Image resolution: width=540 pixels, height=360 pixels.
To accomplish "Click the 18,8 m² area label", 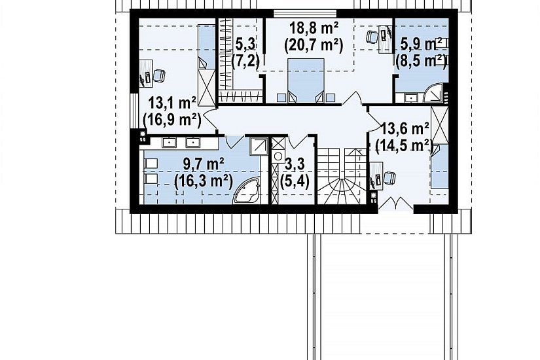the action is (314, 28).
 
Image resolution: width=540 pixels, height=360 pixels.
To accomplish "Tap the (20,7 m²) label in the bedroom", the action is (314, 45).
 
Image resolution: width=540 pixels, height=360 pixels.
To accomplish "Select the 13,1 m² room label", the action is (172, 103).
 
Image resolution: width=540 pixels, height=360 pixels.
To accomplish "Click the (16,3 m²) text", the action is (202, 181).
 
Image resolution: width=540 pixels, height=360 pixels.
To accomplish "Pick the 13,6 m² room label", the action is (405, 129).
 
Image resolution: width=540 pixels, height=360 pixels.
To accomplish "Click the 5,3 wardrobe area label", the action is (245, 45).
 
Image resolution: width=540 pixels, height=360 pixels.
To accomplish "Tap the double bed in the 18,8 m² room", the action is (306, 81).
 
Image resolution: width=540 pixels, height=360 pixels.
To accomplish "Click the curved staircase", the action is (341, 176).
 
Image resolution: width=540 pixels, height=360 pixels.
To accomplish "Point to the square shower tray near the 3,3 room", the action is (259, 147).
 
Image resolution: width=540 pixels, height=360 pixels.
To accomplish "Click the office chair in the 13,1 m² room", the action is (159, 76).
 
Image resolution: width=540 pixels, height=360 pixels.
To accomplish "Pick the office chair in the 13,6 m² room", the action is (389, 178).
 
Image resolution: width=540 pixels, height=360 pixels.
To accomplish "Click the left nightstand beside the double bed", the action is (281, 98).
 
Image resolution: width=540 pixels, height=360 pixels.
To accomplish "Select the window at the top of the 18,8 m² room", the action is (305, 14).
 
